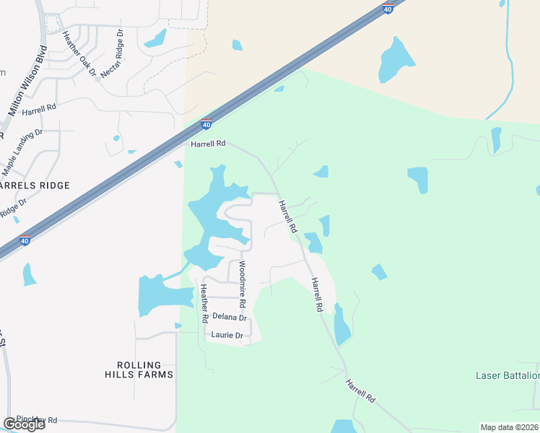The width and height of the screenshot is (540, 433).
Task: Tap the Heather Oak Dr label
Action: [x=79, y=53]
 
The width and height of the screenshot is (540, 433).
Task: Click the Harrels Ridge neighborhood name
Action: [x=35, y=185]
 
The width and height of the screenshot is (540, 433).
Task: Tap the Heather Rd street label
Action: [x=205, y=303]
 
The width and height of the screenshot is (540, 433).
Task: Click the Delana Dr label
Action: [x=230, y=318]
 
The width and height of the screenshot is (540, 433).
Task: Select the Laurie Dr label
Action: [x=227, y=336]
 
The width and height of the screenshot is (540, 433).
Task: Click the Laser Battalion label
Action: [x=508, y=375]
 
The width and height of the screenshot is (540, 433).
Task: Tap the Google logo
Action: [x=24, y=424]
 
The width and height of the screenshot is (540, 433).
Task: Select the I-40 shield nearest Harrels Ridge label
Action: [x=25, y=241]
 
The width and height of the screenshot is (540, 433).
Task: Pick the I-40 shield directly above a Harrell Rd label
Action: [x=206, y=125]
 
